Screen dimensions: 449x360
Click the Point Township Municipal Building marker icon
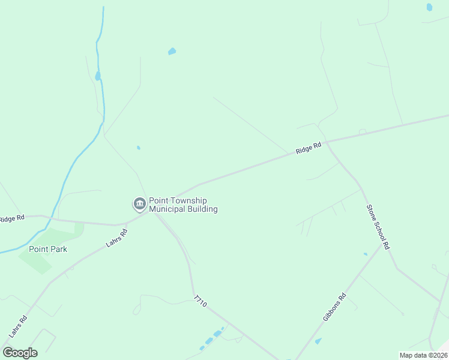click(139, 205)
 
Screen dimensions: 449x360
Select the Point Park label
click(48, 249)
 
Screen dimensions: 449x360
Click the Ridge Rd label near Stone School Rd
click(309, 148)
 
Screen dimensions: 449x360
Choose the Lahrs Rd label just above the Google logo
click(19, 327)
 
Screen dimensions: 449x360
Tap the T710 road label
click(200, 301)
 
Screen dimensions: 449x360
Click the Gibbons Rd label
click(334, 307)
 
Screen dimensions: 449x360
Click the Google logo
click(20, 353)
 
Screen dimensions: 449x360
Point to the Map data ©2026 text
click(423, 355)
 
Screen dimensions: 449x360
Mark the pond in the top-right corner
click(429, 7)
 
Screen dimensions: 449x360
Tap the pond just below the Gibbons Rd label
click(318, 341)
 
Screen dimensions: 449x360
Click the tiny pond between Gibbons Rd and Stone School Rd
click(365, 254)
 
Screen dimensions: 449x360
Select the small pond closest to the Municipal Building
click(139, 148)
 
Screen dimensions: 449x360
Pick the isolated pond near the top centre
click(172, 52)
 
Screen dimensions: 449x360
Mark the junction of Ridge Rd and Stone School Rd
click(325, 141)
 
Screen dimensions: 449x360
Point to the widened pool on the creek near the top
click(97, 76)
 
